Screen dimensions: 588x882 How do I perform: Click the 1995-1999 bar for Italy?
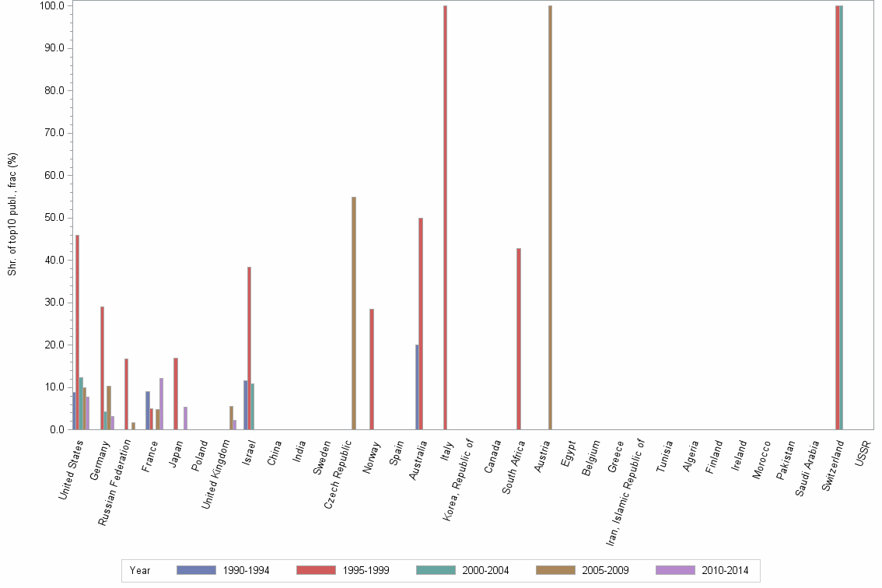tap(445, 218)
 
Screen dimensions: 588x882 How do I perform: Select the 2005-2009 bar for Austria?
tap(550, 218)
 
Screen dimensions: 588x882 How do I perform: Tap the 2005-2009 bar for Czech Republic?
tap(354, 313)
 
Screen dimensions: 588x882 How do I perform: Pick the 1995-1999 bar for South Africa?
tap(518, 339)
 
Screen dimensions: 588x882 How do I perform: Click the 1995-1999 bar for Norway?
tap(372, 369)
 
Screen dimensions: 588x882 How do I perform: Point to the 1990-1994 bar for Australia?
tap(417, 387)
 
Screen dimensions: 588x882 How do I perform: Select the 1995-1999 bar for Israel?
tap(249, 348)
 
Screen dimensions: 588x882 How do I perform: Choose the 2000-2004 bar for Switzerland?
tap(841, 218)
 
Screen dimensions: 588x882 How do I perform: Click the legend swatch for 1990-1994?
tap(196, 570)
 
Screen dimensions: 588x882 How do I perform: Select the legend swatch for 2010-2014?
tap(675, 570)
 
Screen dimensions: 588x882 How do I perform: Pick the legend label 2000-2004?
tap(485, 571)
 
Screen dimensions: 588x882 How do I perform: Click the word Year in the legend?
tap(140, 571)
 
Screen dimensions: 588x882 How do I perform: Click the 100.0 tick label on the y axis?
tap(53, 6)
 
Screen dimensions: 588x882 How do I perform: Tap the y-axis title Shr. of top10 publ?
tap(12, 214)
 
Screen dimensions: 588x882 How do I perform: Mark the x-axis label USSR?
tap(863, 453)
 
